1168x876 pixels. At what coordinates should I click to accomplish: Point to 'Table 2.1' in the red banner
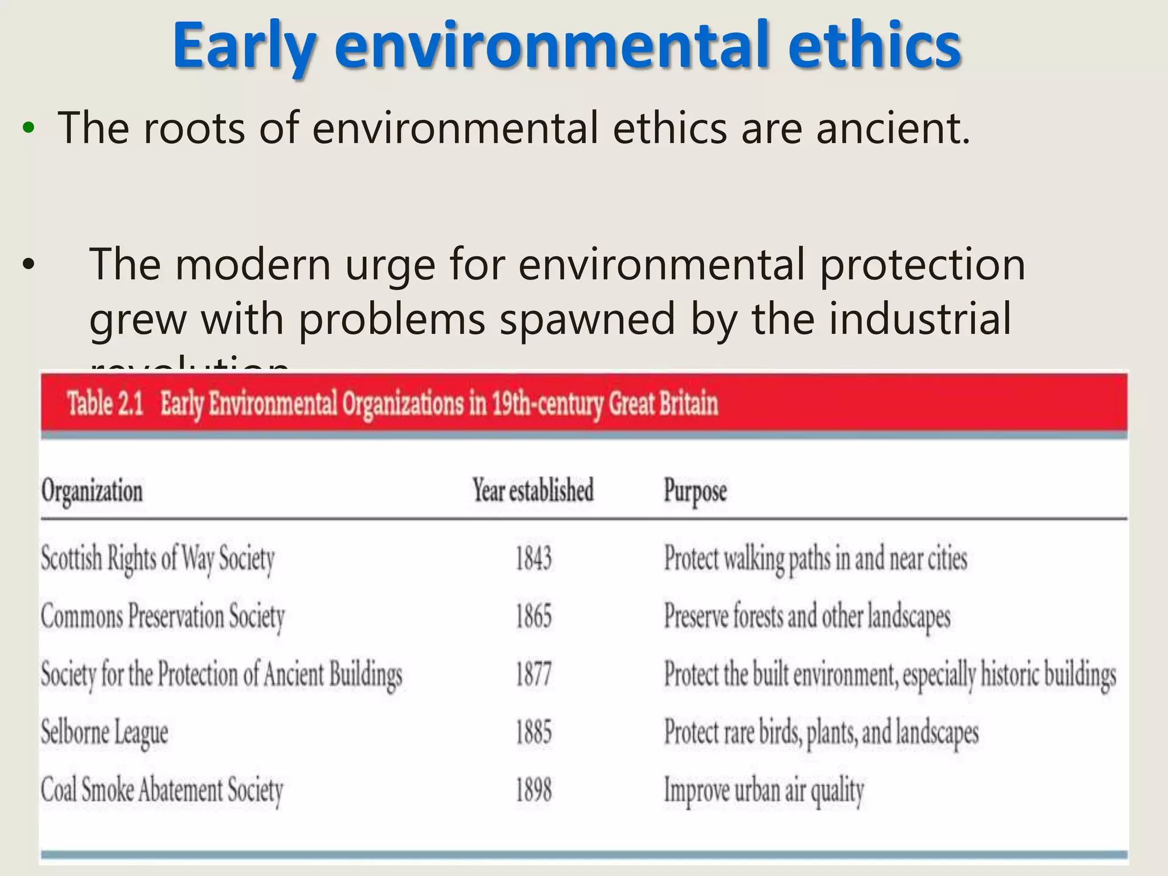coord(106,404)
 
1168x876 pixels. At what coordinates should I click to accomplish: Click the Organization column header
coord(92,491)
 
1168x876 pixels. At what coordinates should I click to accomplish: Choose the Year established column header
coord(533,490)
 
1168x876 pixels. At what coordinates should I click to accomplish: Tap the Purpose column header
coord(695,491)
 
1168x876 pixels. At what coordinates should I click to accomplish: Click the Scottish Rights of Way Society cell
coord(158,559)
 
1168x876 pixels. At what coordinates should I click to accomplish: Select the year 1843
coord(533,558)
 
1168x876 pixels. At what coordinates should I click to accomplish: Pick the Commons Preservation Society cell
coord(163,617)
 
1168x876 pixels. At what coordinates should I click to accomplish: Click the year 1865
coord(533,617)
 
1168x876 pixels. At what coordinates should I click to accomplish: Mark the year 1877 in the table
coord(533,674)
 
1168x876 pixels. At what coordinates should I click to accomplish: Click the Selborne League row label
coord(104,733)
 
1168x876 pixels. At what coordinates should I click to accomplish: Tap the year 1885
coord(533,732)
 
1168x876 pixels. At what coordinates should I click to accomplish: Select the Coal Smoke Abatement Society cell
coord(162,791)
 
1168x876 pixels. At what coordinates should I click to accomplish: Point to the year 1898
coord(533,790)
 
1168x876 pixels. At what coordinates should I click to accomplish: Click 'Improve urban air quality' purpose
coord(764,791)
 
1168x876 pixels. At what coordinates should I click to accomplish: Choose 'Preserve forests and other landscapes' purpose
coord(807,617)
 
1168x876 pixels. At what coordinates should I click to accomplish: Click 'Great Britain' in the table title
coord(663,404)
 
